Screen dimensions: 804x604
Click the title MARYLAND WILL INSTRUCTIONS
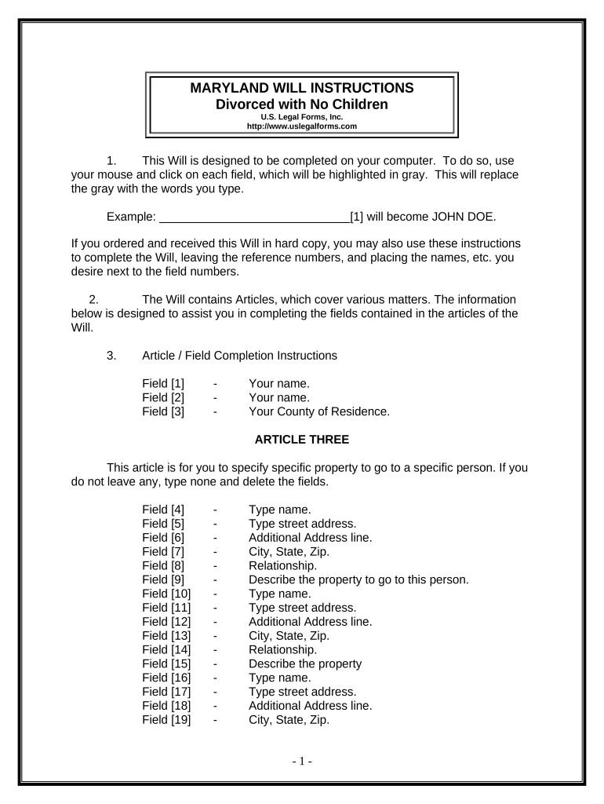click(x=302, y=88)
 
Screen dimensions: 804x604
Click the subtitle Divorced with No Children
click(x=302, y=104)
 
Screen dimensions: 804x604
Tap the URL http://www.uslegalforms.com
click(x=302, y=126)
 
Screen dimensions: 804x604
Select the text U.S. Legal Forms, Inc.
click(x=302, y=116)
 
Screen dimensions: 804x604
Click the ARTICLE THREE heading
click(x=302, y=440)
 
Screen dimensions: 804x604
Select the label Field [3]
click(x=163, y=411)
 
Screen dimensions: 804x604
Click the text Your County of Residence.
click(x=319, y=411)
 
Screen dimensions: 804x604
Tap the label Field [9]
click(x=163, y=579)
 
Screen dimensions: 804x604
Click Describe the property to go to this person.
click(x=358, y=579)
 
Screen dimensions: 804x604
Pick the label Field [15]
click(x=166, y=663)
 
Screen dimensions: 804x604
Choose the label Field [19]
click(x=166, y=719)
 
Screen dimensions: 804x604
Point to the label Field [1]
click(x=163, y=383)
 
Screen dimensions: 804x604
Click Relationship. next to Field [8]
click(x=283, y=565)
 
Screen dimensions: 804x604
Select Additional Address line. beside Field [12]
click(x=311, y=621)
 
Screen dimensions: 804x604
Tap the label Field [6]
click(x=163, y=537)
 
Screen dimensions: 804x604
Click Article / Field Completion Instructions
click(x=239, y=355)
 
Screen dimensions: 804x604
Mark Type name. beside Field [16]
click(x=280, y=678)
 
